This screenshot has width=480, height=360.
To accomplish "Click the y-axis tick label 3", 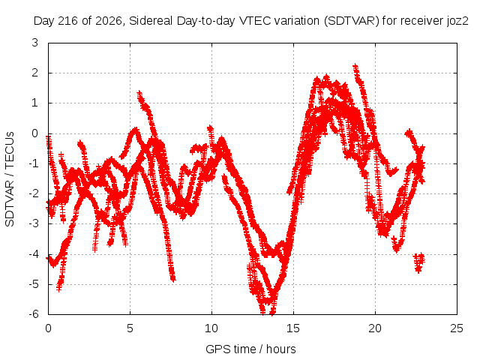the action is (35, 43).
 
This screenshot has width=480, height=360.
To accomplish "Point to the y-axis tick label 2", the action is (35, 73).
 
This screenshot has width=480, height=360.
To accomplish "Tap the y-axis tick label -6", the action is (33, 314).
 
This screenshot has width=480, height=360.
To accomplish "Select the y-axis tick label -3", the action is (33, 223).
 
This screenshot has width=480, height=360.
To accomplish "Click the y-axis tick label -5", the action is (33, 284).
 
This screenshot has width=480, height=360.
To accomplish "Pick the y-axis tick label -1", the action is (33, 163).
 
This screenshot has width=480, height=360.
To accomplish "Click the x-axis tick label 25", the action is (457, 328).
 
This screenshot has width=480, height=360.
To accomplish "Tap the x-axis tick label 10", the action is (211, 328).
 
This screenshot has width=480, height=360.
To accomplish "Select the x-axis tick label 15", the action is (293, 328).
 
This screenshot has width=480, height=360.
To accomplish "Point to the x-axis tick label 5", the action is (130, 328).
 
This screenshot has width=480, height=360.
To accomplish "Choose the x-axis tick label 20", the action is (375, 328).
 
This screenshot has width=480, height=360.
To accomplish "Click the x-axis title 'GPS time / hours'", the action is (250, 349).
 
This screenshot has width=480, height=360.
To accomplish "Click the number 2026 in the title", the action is (109, 21).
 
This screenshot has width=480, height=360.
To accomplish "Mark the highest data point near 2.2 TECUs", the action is (355, 66).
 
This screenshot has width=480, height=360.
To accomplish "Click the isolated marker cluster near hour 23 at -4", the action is (419, 262).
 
